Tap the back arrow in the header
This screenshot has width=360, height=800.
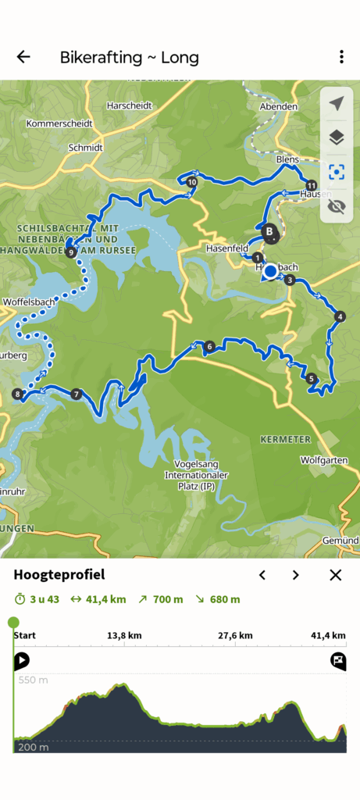(23, 57)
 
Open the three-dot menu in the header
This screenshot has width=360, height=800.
(341, 57)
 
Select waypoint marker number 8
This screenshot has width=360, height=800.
(17, 395)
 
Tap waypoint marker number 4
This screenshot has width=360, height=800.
(339, 316)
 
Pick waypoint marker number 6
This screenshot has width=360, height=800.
(209, 346)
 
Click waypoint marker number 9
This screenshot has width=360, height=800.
(71, 252)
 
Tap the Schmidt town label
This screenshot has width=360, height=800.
(85, 147)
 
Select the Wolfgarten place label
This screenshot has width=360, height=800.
(323, 460)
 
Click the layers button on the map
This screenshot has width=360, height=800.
(337, 138)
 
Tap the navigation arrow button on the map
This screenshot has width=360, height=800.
(337, 104)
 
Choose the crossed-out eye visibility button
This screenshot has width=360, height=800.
(337, 206)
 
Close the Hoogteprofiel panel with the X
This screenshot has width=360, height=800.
(336, 575)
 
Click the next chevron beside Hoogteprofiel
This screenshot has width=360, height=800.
(295, 575)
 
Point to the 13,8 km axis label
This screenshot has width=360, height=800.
(124, 636)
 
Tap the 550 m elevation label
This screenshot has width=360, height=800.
(32, 680)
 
